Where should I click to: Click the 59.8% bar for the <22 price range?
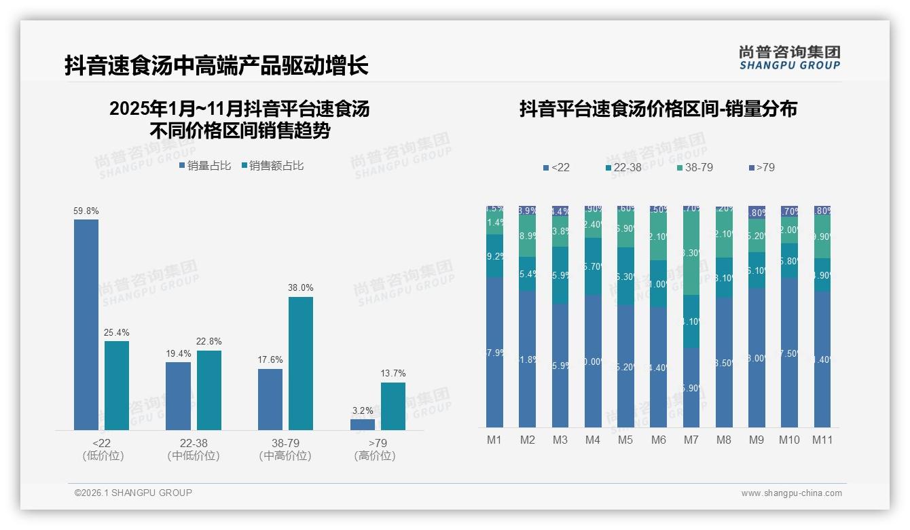[86, 325]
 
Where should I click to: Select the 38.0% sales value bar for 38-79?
[301, 364]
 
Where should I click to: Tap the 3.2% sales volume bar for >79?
[363, 425]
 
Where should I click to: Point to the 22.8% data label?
[209, 341]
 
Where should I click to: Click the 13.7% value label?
[393, 373]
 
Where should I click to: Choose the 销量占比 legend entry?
[205, 166]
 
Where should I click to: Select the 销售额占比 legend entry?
[272, 166]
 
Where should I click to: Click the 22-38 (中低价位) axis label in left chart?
[194, 449]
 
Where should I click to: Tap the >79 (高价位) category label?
[375, 449]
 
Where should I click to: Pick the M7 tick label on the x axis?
[691, 440]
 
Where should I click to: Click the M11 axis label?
[822, 440]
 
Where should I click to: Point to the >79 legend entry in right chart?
[761, 167]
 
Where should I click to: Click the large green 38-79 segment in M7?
[691, 253]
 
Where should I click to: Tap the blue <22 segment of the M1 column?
[494, 352]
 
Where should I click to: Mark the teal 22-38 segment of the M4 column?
[593, 266]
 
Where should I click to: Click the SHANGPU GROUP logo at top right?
[790, 57]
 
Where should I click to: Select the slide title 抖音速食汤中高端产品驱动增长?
[217, 66]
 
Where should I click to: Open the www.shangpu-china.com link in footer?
[791, 493]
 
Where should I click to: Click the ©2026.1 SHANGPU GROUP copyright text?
[133, 493]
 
